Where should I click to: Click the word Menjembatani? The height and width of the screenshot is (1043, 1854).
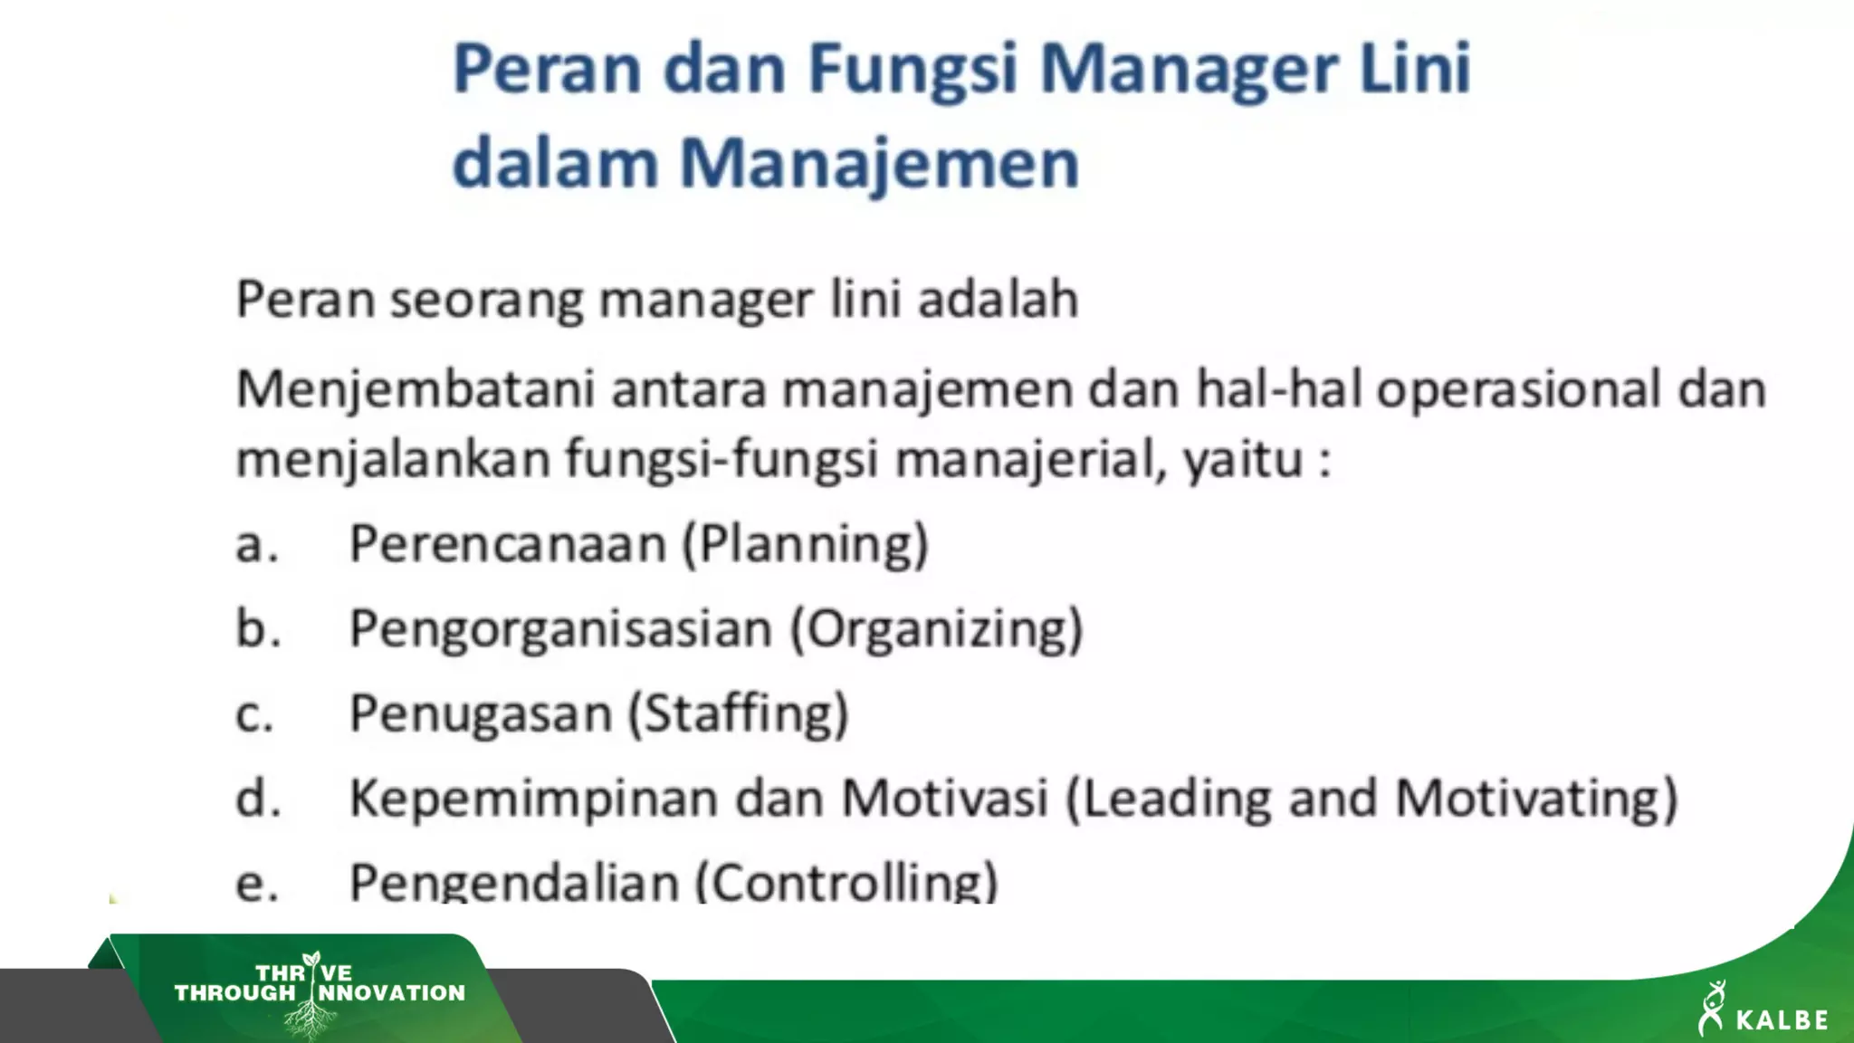416,390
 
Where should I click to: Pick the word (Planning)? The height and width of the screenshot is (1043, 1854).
806,544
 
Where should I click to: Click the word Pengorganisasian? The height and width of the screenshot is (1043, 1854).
561,629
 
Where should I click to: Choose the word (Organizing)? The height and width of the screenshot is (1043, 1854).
937,629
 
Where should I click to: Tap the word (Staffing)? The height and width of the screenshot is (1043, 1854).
739,713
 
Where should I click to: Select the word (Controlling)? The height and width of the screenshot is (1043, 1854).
846,882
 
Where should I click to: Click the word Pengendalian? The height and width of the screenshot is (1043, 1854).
514,882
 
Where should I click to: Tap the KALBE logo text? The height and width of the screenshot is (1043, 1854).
1782,1019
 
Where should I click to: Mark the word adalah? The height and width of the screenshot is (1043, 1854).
998,300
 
